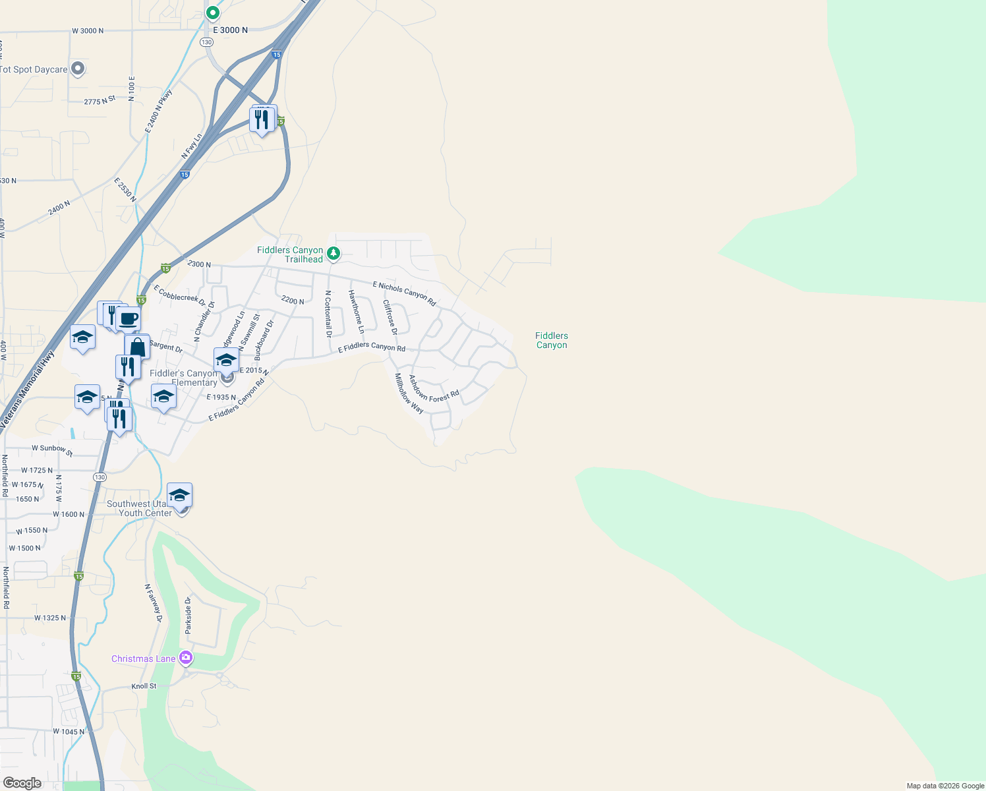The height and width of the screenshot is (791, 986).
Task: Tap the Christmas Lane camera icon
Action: click(x=186, y=657)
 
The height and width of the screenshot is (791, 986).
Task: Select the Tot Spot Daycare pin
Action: click(x=78, y=69)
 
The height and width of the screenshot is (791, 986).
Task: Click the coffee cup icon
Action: click(x=129, y=319)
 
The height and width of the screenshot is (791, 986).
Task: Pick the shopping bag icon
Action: click(x=137, y=347)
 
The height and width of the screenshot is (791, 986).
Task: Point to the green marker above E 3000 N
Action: click(x=212, y=13)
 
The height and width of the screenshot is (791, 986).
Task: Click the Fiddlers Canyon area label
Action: click(x=552, y=340)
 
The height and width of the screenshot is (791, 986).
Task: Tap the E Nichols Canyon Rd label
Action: click(x=405, y=294)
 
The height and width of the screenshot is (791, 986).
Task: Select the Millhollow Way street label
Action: click(x=409, y=393)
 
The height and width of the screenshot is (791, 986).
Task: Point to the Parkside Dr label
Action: click(x=188, y=616)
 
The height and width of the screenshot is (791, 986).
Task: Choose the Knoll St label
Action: click(x=144, y=686)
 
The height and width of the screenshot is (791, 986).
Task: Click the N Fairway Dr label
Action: click(x=153, y=602)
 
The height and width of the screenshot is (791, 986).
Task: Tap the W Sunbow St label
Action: click(x=52, y=450)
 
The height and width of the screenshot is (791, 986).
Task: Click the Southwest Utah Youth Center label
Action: click(x=140, y=508)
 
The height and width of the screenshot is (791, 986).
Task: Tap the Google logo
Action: click(x=22, y=783)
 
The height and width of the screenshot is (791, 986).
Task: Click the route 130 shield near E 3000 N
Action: click(x=207, y=42)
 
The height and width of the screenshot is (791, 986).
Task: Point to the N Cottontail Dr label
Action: click(x=328, y=314)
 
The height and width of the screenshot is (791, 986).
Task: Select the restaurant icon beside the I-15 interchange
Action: click(x=262, y=119)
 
